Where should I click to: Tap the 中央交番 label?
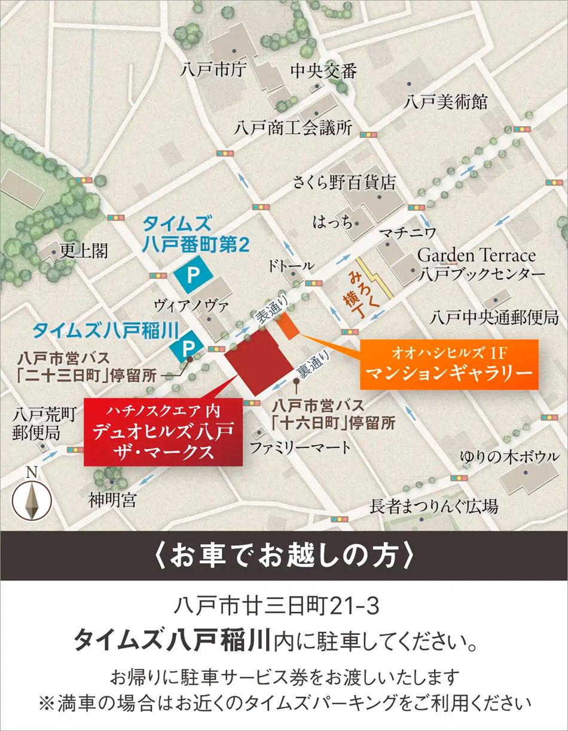click(x=323, y=71)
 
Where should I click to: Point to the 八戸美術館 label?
click(x=445, y=102)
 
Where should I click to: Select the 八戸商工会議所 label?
click(x=293, y=128)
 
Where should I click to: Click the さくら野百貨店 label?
click(x=344, y=182)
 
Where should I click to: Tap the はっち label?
click(x=333, y=223)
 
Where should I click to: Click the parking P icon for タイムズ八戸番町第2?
click(x=193, y=275)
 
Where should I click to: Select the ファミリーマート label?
click(x=292, y=447)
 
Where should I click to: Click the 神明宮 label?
click(x=112, y=499)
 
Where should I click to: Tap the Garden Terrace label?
click(x=476, y=256)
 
